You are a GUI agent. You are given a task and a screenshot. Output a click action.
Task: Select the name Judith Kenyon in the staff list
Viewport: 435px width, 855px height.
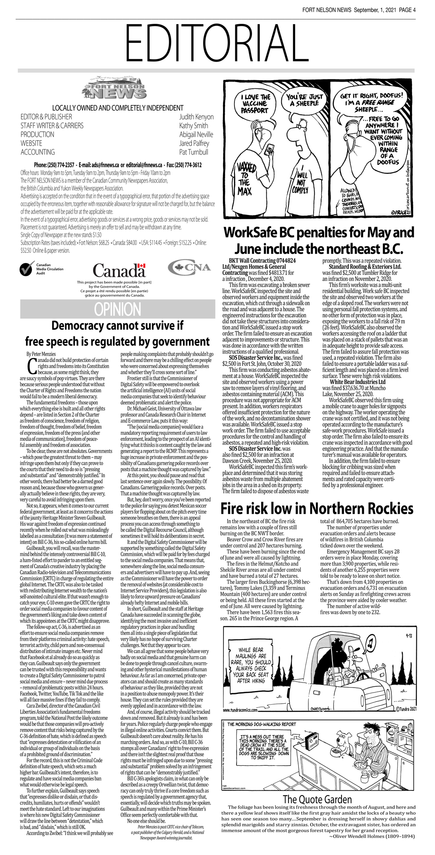196,117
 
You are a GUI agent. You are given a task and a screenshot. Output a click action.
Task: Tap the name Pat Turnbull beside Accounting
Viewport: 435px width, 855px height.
194,152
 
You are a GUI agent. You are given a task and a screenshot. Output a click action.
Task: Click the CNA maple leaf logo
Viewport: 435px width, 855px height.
189,267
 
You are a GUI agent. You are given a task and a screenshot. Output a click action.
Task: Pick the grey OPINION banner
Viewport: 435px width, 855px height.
117,309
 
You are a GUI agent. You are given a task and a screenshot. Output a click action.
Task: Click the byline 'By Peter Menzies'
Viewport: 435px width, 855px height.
41,354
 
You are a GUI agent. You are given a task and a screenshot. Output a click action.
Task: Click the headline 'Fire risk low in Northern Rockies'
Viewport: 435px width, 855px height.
317,508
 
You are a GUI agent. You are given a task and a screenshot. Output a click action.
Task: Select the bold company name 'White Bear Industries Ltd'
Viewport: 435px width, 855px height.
358,382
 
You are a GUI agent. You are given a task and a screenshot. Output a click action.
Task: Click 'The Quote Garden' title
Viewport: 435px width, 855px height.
317,799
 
